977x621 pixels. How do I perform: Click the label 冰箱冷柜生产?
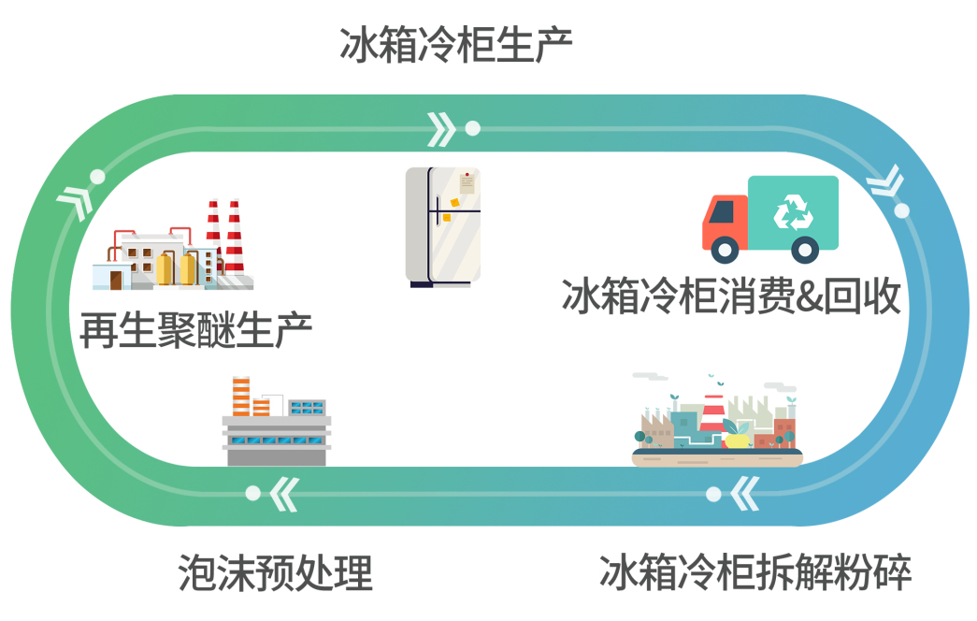click(x=455, y=45)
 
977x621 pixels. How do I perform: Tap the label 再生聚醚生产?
click(x=195, y=330)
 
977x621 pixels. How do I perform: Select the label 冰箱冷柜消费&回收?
click(x=731, y=296)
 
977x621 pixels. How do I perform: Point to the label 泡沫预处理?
click(x=276, y=571)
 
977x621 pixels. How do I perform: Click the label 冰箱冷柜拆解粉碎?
click(x=755, y=571)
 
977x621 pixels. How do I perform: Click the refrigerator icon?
click(x=443, y=227)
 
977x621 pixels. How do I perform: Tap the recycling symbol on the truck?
click(x=793, y=212)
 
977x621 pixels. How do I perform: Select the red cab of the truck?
click(x=725, y=222)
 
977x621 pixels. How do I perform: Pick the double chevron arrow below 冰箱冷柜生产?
click(x=441, y=129)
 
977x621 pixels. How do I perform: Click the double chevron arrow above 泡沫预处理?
click(x=285, y=495)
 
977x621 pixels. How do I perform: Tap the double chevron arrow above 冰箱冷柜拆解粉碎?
click(x=744, y=494)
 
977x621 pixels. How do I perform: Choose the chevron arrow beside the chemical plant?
click(x=76, y=202)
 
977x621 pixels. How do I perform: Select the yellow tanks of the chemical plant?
click(x=176, y=268)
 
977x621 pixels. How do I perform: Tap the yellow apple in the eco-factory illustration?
click(x=737, y=439)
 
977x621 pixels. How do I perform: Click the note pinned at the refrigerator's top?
click(x=467, y=183)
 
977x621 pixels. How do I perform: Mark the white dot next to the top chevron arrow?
click(x=473, y=128)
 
